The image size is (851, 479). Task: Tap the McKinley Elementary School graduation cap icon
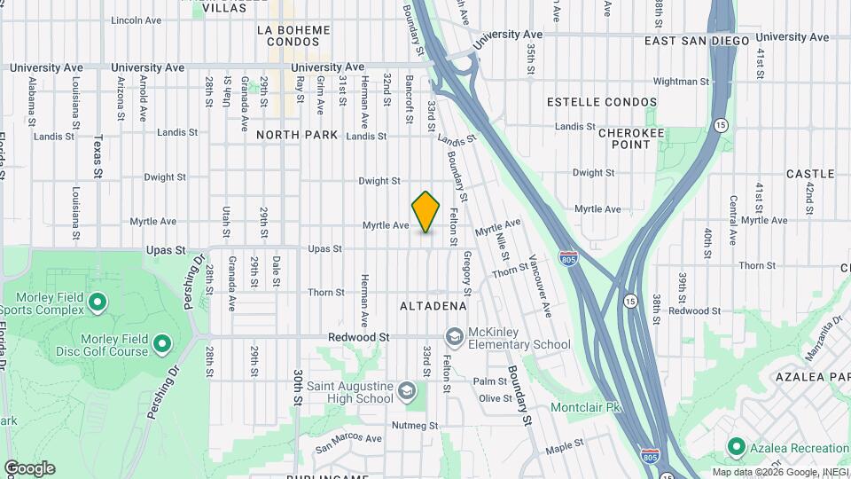pyautogui.click(x=455, y=336)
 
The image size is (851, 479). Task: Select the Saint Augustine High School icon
pyautogui.click(x=406, y=390)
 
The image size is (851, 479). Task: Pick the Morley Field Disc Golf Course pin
pyautogui.click(x=161, y=342)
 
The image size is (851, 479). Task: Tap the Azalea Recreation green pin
pyautogui.click(x=736, y=446)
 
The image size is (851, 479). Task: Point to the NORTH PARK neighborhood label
pyautogui.click(x=297, y=135)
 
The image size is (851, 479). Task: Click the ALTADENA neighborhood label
pyautogui.click(x=433, y=306)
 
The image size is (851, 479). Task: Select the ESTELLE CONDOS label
pyautogui.click(x=605, y=102)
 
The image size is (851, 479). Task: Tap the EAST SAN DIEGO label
pyautogui.click(x=697, y=41)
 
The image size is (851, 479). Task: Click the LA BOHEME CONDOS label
pyautogui.click(x=293, y=35)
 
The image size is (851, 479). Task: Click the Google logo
pyautogui.click(x=29, y=468)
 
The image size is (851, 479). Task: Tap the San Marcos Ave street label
pyautogui.click(x=348, y=438)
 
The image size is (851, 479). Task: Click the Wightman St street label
pyautogui.click(x=681, y=82)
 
